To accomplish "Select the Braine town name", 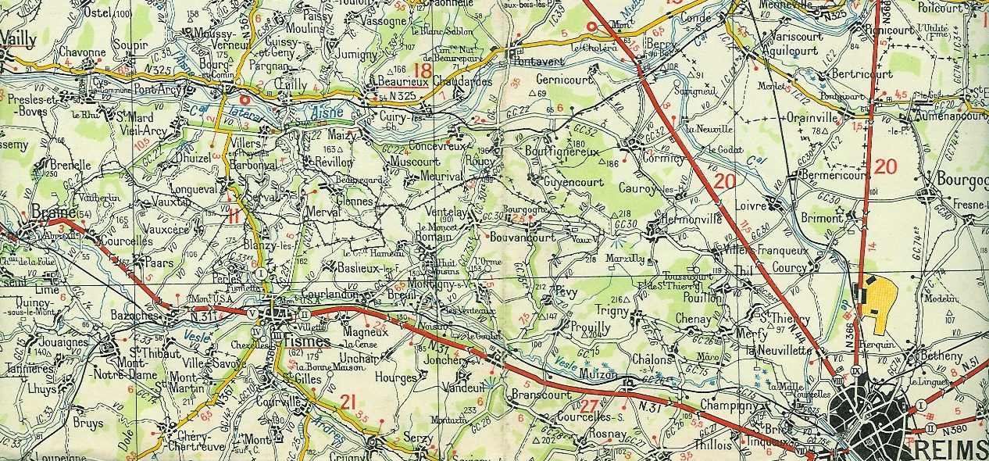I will [x=53, y=213].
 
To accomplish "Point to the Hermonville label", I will [x=692, y=221].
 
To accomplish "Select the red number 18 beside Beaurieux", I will [x=423, y=71].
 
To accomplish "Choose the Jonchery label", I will [x=446, y=362].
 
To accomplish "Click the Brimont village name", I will [x=821, y=219].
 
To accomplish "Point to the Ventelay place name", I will [x=448, y=213].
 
